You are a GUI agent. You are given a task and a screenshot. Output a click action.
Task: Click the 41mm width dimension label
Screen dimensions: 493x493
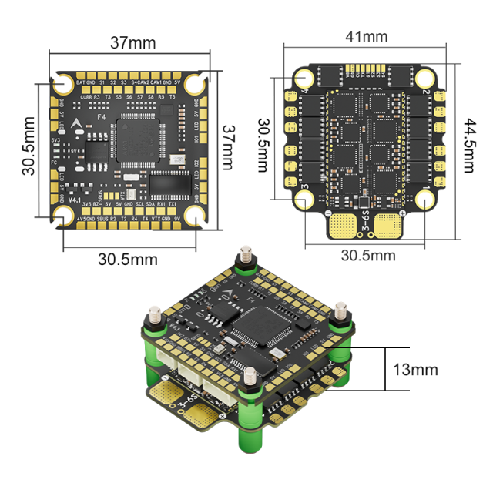[x=366, y=36]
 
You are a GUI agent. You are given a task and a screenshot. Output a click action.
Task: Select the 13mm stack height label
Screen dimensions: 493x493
[x=414, y=369]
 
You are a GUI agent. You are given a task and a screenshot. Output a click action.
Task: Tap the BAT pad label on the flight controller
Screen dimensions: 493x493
[x=80, y=81]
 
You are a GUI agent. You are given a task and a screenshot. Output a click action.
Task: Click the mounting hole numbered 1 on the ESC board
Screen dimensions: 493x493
[x=426, y=199]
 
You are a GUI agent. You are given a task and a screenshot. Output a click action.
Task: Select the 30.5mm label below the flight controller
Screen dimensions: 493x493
[x=129, y=260]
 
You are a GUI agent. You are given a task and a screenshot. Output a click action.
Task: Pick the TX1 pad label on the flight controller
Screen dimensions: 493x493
[x=173, y=205]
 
